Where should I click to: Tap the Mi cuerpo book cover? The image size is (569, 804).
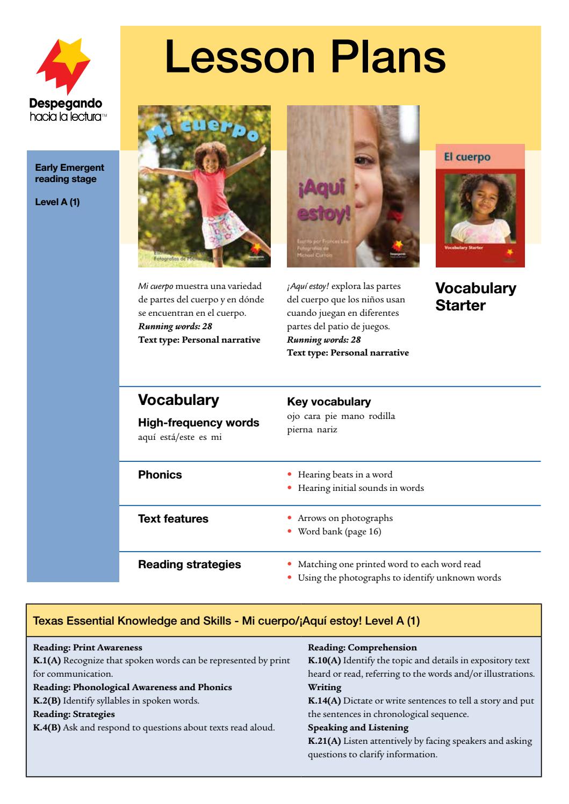[x=204, y=186]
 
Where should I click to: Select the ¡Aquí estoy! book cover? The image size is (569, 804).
[x=353, y=186]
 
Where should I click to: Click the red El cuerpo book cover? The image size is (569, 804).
[x=480, y=206]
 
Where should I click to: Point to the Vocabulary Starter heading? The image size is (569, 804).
[x=475, y=296]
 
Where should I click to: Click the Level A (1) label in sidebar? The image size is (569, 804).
[x=57, y=202]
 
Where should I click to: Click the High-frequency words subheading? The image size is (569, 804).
[x=198, y=423]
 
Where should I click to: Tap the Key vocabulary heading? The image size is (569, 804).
[x=329, y=402]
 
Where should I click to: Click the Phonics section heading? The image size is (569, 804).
[x=160, y=475]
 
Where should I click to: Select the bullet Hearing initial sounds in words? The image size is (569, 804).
[x=361, y=488]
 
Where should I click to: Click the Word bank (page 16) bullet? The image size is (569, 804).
[x=340, y=532]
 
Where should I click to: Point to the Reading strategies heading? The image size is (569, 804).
[x=189, y=564]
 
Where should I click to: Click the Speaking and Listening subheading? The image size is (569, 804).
[x=358, y=728]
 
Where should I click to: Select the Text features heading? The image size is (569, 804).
[x=173, y=519]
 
